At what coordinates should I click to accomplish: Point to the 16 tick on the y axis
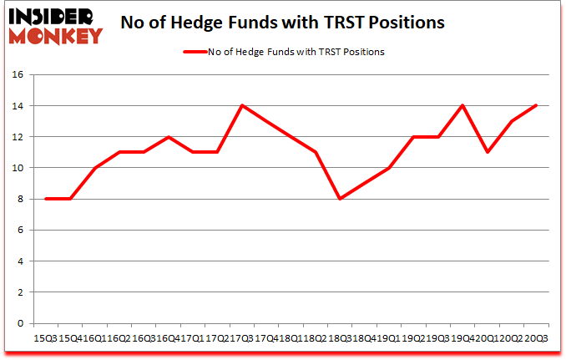[18, 74]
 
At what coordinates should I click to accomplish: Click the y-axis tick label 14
[18, 106]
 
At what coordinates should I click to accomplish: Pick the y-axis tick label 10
[18, 168]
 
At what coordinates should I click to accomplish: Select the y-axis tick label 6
[21, 230]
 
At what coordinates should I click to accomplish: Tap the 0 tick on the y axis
[21, 323]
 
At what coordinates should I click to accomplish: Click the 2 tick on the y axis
[21, 292]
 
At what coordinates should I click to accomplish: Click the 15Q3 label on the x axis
[46, 337]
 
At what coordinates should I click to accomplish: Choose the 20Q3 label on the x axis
[535, 337]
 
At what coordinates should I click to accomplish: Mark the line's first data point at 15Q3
[45, 199]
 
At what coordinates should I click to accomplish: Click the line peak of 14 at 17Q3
[241, 105]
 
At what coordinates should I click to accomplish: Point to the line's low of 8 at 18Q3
[340, 199]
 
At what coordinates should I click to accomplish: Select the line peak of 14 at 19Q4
[462, 105]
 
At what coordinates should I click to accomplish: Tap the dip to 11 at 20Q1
[487, 152]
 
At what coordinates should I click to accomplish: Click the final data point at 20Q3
[536, 105]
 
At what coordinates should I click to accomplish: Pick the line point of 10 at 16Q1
[94, 168]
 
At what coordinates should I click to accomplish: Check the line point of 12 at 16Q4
[168, 137]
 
